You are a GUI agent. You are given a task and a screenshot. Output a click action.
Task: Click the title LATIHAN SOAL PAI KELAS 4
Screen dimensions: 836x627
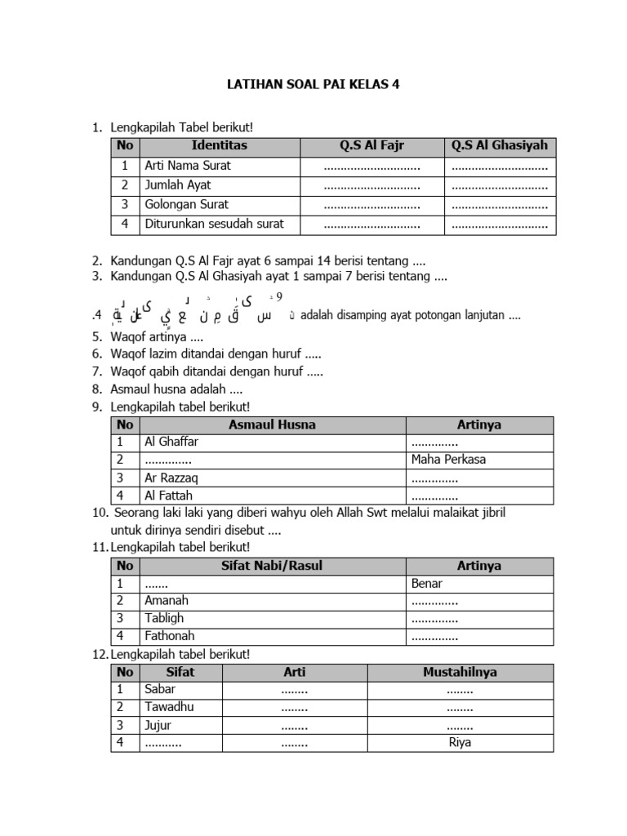coord(313,84)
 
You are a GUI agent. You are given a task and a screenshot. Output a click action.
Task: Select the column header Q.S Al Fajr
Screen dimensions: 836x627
coord(372,146)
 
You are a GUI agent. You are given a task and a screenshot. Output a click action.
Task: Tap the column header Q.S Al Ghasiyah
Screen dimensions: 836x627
coord(500,146)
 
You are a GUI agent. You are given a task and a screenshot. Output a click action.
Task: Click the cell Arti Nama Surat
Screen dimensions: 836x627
coord(188,166)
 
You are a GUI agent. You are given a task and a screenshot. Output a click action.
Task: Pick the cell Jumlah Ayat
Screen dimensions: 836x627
coord(178,185)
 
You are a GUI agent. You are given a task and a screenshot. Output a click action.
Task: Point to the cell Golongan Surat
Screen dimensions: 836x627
coord(186,205)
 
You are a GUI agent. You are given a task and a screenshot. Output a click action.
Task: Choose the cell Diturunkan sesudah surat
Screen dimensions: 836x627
coord(209,225)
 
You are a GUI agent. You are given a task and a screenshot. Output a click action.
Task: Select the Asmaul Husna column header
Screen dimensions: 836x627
coord(272,425)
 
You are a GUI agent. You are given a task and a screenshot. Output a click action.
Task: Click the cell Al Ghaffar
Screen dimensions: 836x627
coord(171,442)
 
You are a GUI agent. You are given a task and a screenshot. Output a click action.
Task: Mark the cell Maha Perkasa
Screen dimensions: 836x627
coord(448,460)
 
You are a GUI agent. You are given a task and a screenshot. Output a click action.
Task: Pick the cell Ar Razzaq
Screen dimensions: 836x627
coord(171,478)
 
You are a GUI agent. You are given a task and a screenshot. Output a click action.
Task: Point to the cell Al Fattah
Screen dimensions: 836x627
coord(168,496)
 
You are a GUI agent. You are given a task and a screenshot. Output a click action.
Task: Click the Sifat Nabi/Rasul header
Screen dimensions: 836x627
coord(272,566)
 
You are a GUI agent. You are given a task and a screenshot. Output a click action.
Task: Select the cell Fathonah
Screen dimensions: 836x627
coord(170,636)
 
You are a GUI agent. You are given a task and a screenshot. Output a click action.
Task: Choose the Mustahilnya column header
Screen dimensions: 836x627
coord(460,673)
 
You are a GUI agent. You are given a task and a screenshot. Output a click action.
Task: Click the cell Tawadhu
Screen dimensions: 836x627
coord(169,707)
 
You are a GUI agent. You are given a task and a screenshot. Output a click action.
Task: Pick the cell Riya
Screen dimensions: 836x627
coord(460,743)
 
